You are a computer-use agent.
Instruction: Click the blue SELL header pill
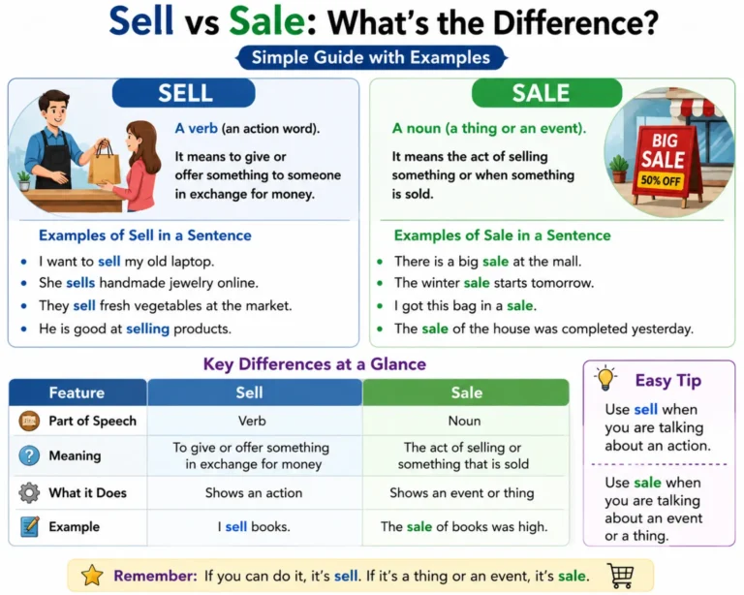[x=184, y=93]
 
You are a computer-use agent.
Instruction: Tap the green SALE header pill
[x=546, y=93]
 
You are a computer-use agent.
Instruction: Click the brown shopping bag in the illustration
[x=105, y=164]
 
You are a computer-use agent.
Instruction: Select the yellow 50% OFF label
[x=661, y=180]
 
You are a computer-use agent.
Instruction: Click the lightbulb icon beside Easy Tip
[x=605, y=378]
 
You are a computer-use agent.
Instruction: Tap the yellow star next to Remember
[x=92, y=576]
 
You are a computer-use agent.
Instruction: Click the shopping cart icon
[x=621, y=575]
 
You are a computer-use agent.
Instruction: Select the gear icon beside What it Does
[x=29, y=492]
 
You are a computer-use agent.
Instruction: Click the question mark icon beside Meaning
[x=29, y=455]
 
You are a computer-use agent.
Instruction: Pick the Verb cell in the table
[x=252, y=421]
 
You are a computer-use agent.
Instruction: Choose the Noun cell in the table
[x=465, y=421]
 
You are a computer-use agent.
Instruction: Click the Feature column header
[x=77, y=392]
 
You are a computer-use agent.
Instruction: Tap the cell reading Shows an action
[x=254, y=493]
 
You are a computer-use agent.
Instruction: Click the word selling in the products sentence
[x=147, y=329]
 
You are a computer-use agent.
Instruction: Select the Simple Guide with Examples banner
[x=371, y=57]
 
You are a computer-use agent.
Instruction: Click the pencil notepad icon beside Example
[x=29, y=526]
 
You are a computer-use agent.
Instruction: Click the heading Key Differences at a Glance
[x=315, y=364]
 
